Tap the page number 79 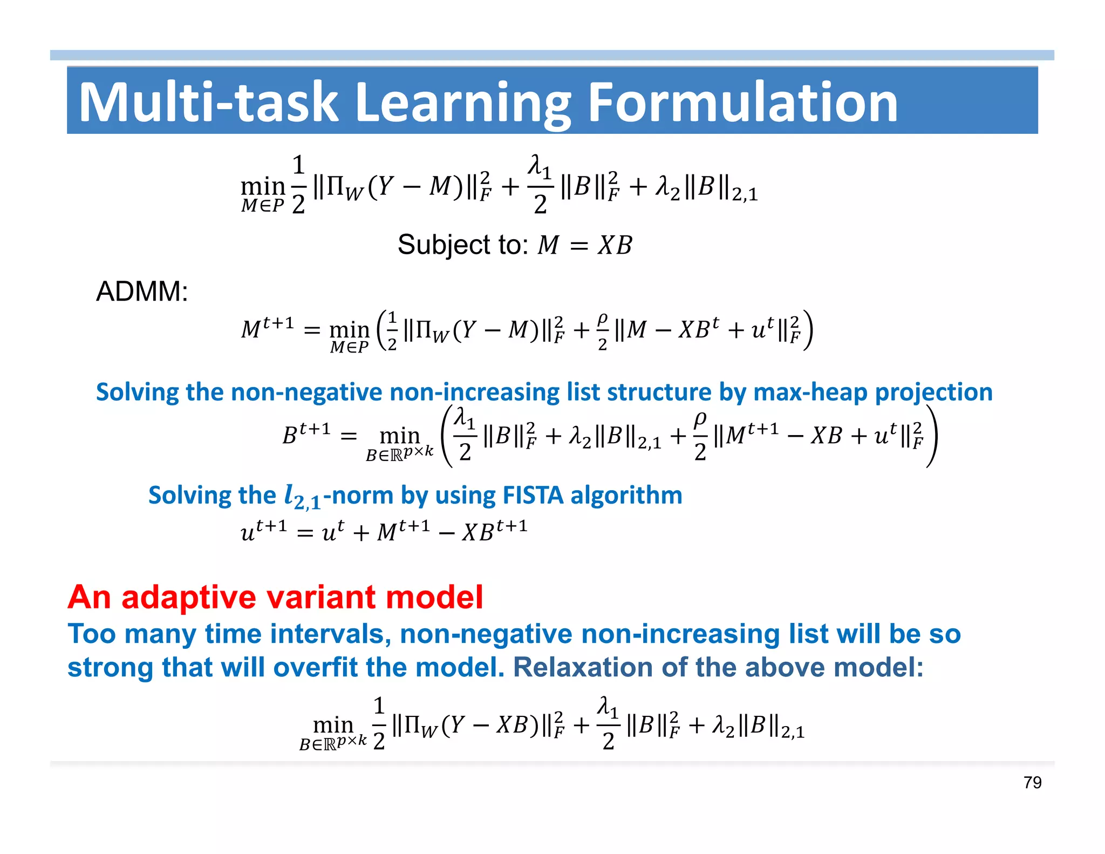click(1032, 782)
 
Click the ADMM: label click(142, 292)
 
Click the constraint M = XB click(584, 245)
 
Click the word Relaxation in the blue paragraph click(583, 667)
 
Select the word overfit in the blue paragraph click(315, 667)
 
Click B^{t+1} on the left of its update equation click(306, 433)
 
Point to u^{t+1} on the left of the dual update click(263, 531)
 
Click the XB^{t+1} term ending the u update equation click(494, 531)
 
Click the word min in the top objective click(263, 186)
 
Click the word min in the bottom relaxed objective click(333, 724)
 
